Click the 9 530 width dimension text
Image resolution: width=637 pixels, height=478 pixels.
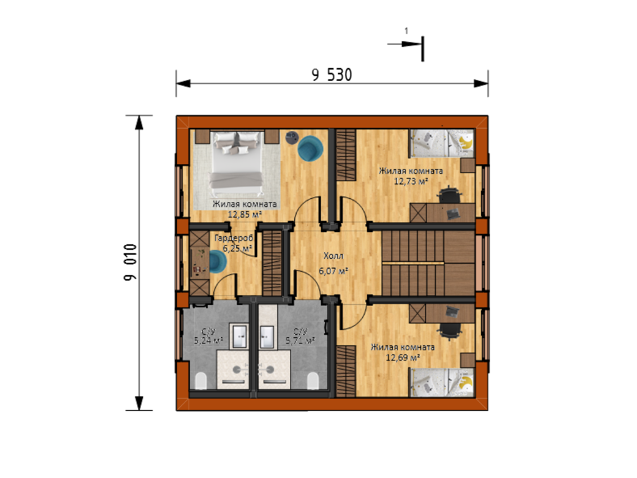pos(331,74)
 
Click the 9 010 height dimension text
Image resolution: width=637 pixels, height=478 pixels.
pos(130,262)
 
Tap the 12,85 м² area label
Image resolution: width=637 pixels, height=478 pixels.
pos(245,214)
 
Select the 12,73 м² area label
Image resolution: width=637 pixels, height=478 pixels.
pos(411,181)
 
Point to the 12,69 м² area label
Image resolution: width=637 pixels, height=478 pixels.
pos(403,357)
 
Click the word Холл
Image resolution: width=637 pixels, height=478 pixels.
pos(334,256)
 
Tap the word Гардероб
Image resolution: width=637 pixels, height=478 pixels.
pos(234,238)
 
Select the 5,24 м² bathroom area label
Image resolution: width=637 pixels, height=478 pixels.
pos(209,341)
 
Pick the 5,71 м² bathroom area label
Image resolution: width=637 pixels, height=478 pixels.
pos(300,341)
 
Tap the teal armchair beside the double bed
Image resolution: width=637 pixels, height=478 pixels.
pos(310,148)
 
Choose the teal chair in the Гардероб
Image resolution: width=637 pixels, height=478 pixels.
pos(217,262)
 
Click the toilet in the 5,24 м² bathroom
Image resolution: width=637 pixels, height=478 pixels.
pos(201,381)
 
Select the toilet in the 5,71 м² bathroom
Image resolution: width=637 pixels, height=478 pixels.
pos(312,381)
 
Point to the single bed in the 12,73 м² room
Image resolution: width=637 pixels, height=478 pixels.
pos(441,143)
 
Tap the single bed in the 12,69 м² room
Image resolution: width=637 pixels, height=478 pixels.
pos(441,382)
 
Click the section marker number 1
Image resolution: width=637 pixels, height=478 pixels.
pos(407,31)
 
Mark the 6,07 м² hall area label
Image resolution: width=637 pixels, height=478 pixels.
pos(334,271)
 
